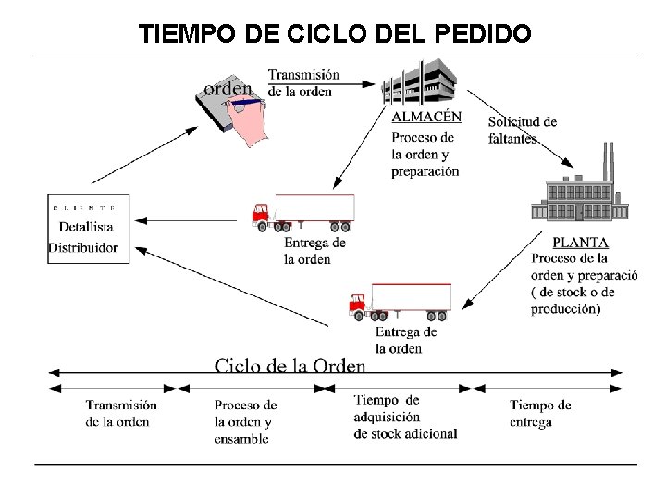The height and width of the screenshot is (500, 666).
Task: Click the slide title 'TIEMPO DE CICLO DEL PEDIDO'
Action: (x=335, y=33)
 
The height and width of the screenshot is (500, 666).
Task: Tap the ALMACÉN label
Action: (x=426, y=117)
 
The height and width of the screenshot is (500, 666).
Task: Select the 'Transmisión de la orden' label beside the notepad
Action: (x=303, y=82)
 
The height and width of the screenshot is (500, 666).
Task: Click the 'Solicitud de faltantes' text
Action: (x=522, y=130)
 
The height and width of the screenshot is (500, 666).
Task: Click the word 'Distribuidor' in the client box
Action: (x=89, y=247)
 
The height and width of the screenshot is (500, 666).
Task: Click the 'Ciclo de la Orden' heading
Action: (x=290, y=364)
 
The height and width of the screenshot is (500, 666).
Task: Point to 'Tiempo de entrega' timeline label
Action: (x=540, y=413)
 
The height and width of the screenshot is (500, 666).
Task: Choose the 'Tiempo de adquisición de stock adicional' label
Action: (x=405, y=417)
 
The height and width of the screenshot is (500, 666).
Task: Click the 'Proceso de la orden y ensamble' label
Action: (x=244, y=422)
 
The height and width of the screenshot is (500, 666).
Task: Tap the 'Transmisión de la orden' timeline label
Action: (x=121, y=413)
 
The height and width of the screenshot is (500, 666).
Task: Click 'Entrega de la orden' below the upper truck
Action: (x=314, y=250)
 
